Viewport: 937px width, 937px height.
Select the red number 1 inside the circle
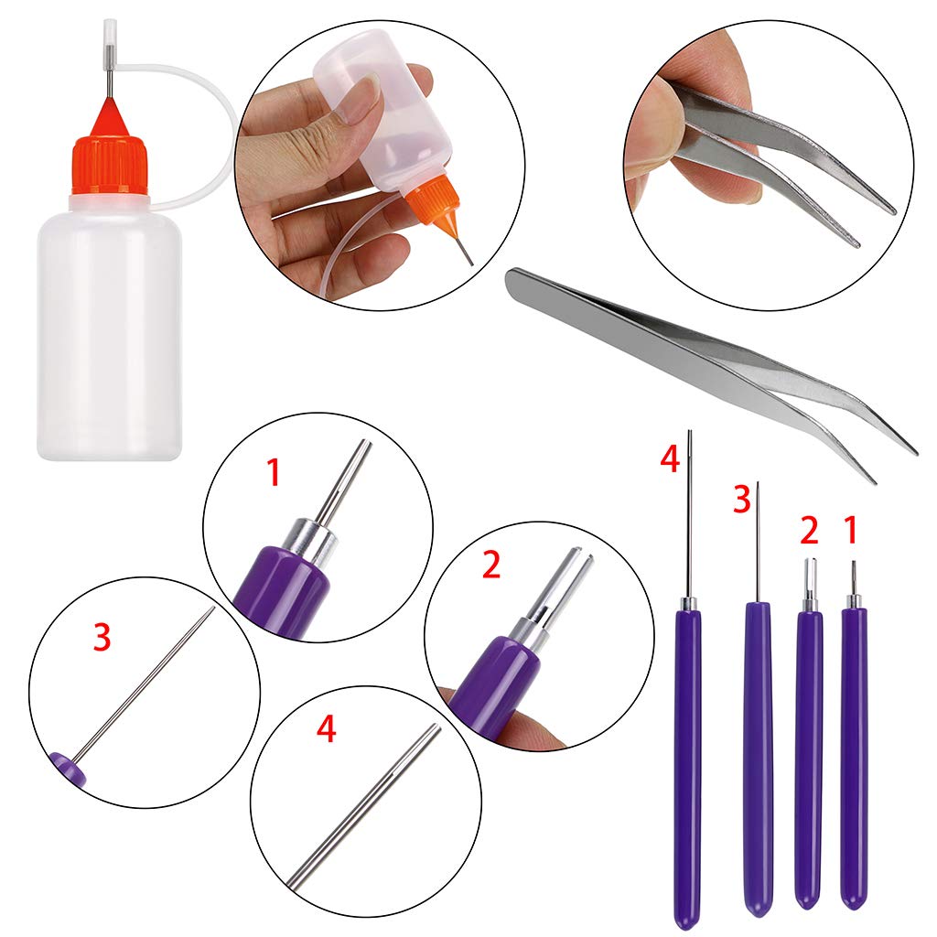[x=273, y=472]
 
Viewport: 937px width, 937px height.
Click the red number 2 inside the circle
[x=490, y=565]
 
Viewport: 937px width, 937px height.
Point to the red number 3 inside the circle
[x=102, y=637]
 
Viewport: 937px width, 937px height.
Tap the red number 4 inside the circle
[x=326, y=728]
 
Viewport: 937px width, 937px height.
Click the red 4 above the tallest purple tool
[x=670, y=459]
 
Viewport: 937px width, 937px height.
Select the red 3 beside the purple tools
[x=741, y=499]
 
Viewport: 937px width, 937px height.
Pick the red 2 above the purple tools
[x=809, y=530]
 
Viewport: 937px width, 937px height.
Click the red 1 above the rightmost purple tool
[x=851, y=530]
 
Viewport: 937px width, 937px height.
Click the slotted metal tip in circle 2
[x=564, y=583]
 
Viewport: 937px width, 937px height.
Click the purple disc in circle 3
[x=68, y=769]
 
